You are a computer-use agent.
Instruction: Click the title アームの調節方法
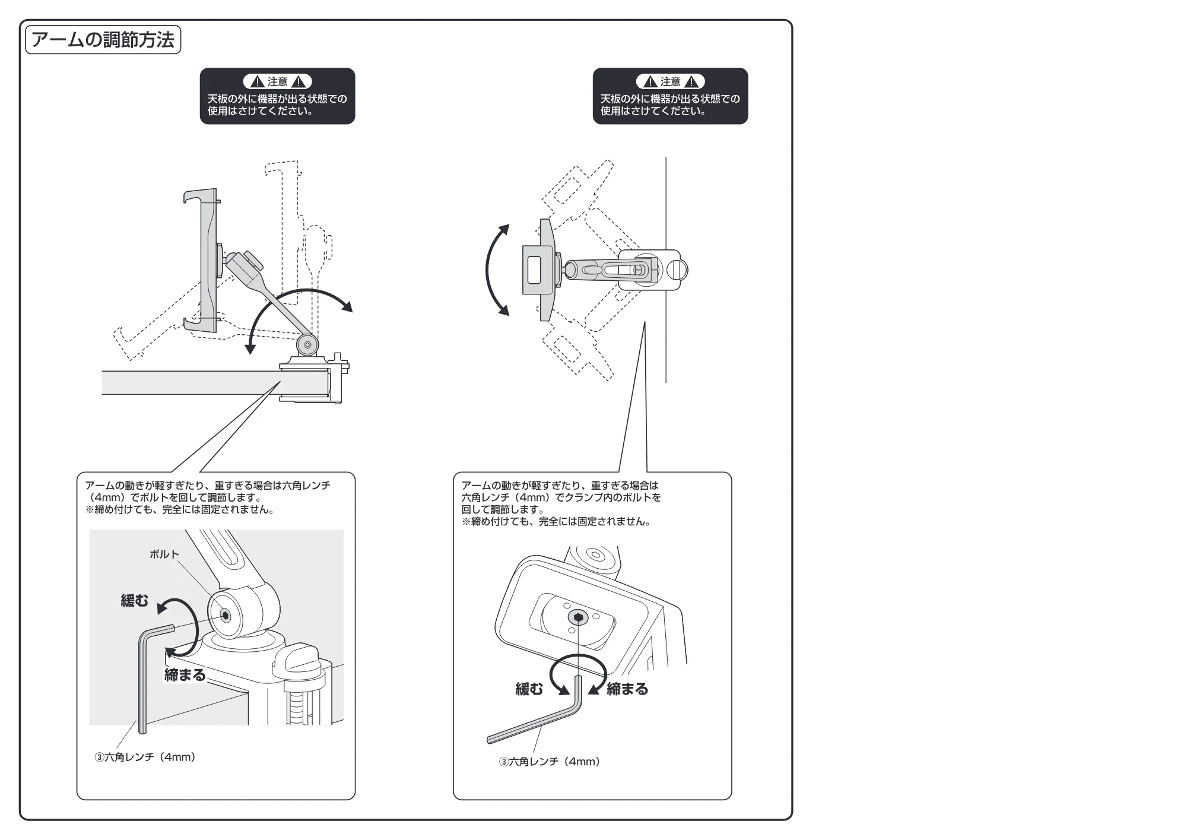[103, 40]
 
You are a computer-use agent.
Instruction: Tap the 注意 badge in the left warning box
[277, 82]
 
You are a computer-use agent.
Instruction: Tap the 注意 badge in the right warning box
[670, 82]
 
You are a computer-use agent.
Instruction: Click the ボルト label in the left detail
[164, 554]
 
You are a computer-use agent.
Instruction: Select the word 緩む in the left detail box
[135, 601]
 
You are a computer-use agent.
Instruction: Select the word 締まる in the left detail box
[185, 675]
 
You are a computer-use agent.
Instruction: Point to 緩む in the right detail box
[529, 689]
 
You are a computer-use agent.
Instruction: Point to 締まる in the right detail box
[627, 689]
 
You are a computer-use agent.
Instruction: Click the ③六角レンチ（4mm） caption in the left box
[145, 757]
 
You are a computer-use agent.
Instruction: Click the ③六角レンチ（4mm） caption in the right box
[550, 762]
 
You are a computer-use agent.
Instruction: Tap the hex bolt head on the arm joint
[226, 615]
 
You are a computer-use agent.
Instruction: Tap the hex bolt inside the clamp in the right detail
[578, 618]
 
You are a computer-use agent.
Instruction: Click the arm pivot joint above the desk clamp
[307, 345]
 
